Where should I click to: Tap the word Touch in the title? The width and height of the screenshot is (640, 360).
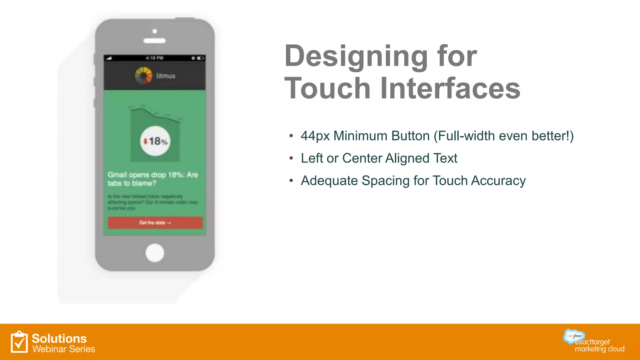pyautogui.click(x=327, y=89)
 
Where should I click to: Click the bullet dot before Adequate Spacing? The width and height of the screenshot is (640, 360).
pyautogui.click(x=291, y=181)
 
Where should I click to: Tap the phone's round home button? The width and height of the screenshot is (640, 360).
pyautogui.click(x=155, y=252)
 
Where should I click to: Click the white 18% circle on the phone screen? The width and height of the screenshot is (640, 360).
pyautogui.click(x=155, y=141)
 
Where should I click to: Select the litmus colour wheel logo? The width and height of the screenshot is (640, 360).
pyautogui.click(x=143, y=76)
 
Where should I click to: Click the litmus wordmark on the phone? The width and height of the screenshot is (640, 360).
pyautogui.click(x=166, y=76)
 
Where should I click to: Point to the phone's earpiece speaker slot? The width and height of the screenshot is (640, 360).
pyautogui.click(x=155, y=41)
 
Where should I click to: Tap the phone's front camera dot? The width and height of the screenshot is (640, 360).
pyautogui.click(x=155, y=31)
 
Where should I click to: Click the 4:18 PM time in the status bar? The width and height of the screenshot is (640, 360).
pyautogui.click(x=154, y=58)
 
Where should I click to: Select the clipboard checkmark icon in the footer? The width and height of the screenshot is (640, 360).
pyautogui.click(x=19, y=342)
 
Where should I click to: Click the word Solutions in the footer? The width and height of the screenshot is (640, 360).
pyautogui.click(x=59, y=338)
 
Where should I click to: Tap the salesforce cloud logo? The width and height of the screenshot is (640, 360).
pyautogui.click(x=574, y=336)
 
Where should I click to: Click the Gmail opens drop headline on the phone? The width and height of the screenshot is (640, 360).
pyautogui.click(x=153, y=179)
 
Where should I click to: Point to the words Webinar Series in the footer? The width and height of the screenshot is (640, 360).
pyautogui.click(x=64, y=349)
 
